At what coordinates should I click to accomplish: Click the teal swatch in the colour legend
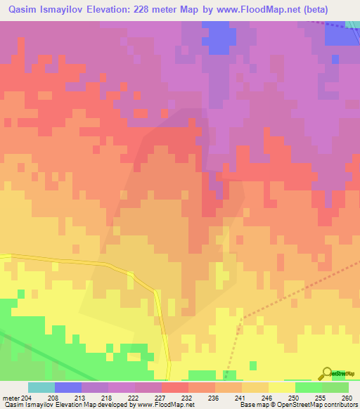pyautogui.click(x=41, y=387)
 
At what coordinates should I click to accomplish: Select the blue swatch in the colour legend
pyautogui.click(x=67, y=387)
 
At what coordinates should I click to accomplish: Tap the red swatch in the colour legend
pyautogui.click(x=174, y=387)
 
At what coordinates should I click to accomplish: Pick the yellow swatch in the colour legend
pyautogui.click(x=281, y=387)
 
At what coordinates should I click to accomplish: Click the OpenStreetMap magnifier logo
pyautogui.click(x=326, y=374)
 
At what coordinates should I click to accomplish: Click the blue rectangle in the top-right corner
pyautogui.click(x=342, y=35)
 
